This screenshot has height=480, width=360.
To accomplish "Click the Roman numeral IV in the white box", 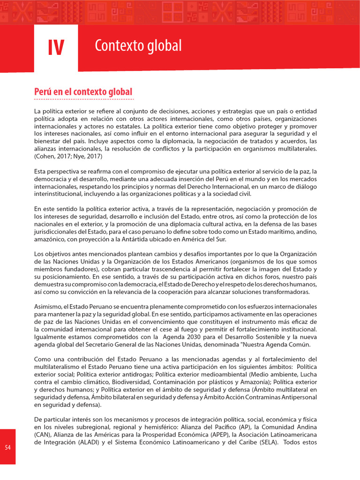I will coord(56,47).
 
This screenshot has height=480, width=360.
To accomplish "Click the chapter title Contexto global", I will coord(138,46).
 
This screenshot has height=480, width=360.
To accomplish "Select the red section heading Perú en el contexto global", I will coord(83,91).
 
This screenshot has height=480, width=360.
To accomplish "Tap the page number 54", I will coord(7,447).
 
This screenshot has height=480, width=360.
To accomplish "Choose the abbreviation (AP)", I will coord(244,427).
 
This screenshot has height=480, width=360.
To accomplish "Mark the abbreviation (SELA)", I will coord(268,442).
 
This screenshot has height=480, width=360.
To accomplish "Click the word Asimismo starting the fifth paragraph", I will coord(48,306).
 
